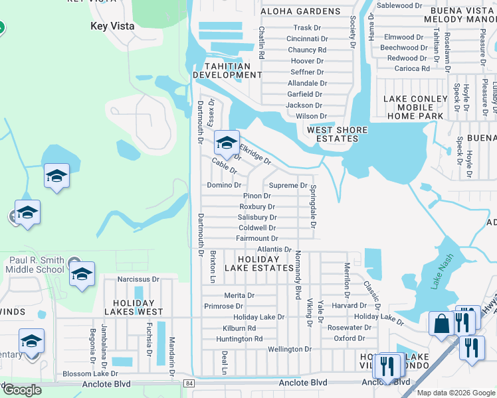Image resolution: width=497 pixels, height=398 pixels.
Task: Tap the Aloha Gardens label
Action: (300, 11)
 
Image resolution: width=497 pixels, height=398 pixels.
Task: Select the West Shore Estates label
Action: (332, 134)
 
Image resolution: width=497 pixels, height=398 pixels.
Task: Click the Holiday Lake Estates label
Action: (258, 263)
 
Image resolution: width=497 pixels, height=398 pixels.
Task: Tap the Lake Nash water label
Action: (442, 272)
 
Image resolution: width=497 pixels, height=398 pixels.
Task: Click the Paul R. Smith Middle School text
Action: (37, 265)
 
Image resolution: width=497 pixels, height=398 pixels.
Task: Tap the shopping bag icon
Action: (441, 324)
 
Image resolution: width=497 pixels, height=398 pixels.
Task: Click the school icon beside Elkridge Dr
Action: (227, 143)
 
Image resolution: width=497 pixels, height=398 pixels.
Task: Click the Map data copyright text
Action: (456, 393)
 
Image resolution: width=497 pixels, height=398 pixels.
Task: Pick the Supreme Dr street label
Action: (288, 186)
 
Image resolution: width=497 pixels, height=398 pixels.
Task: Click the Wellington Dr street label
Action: (290, 349)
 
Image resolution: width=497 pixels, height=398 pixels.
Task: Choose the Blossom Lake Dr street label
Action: (90, 373)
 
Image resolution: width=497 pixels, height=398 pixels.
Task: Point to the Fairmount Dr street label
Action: (257, 238)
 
